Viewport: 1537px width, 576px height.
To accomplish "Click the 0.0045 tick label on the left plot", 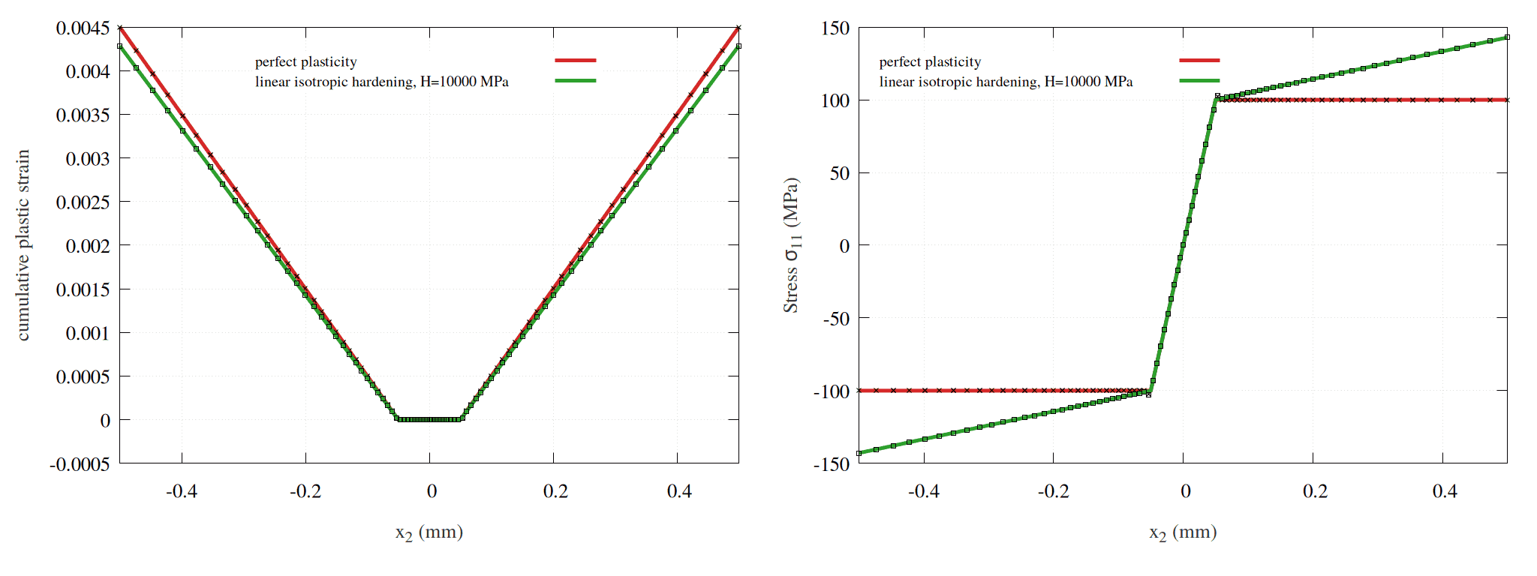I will tap(83, 28).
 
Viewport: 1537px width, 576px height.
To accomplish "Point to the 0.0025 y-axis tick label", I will tap(83, 202).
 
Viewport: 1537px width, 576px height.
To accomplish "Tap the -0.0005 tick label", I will tap(80, 464).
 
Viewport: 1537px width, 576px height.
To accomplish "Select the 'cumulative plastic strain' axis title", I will tap(23, 245).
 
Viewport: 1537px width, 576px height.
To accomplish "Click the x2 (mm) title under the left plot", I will tap(429, 532).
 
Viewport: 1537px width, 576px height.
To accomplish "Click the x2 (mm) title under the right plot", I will tap(1183, 532).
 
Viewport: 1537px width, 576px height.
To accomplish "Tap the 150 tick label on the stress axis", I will tap(835, 28).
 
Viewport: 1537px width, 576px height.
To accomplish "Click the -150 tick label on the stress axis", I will tap(832, 464).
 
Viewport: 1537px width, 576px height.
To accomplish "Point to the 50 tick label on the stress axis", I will tap(839, 173).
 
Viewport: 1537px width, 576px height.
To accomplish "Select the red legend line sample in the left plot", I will tap(576, 60).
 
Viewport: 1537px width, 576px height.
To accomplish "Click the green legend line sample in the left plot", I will tap(576, 80).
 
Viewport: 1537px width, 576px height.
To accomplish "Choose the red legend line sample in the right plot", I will tap(1199, 60).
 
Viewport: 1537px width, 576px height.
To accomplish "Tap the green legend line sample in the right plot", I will tap(1199, 80).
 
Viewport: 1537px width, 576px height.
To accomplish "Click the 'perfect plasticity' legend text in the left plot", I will tap(305, 62).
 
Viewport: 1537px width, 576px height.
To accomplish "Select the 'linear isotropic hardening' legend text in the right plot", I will tap(1006, 82).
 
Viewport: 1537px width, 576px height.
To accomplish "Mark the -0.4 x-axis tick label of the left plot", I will tap(181, 491).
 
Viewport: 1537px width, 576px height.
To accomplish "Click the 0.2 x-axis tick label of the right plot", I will tap(1314, 491).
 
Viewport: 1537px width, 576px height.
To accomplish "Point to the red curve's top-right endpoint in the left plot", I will tap(738, 28).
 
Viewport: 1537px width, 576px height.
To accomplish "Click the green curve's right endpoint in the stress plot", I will tap(1506, 37).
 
